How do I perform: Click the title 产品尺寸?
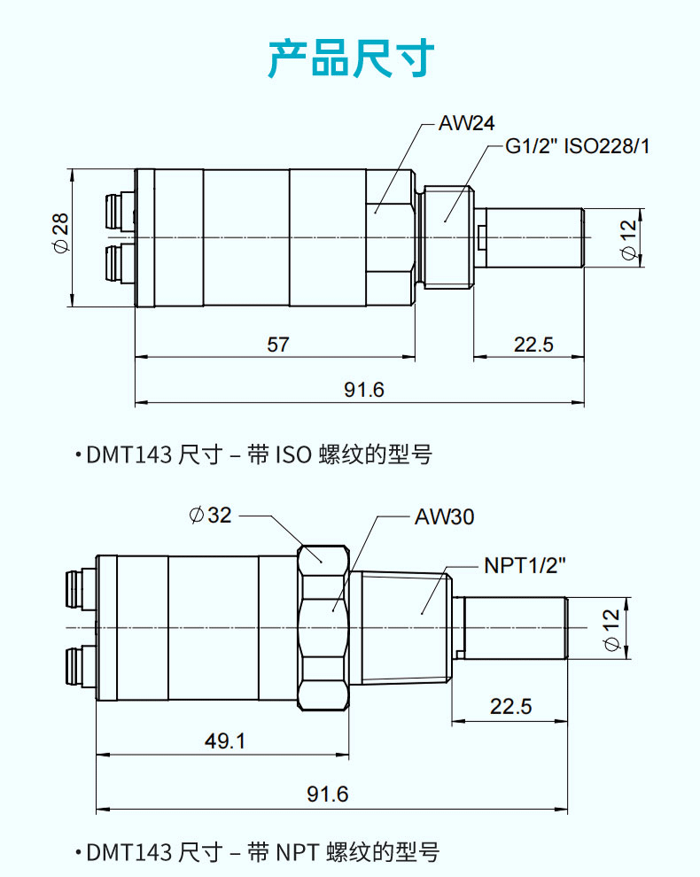pyautogui.click(x=351, y=58)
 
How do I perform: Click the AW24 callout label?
pyautogui.click(x=465, y=123)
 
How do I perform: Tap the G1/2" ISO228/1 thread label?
pyautogui.click(x=577, y=146)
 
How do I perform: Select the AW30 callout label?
pyautogui.click(x=444, y=516)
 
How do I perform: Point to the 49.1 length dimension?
pyautogui.click(x=225, y=741)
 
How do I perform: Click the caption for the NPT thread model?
pyautogui.click(x=262, y=852)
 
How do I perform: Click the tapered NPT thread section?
pyautogui.click(x=403, y=627)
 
